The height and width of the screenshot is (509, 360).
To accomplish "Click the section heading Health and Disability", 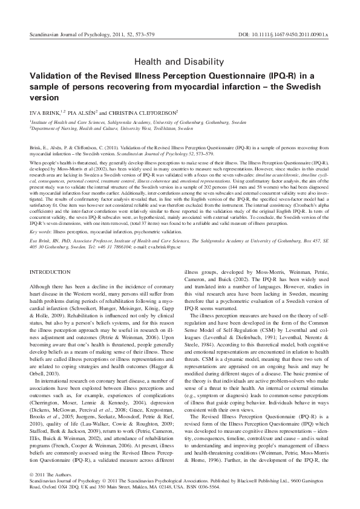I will coord(179,62).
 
